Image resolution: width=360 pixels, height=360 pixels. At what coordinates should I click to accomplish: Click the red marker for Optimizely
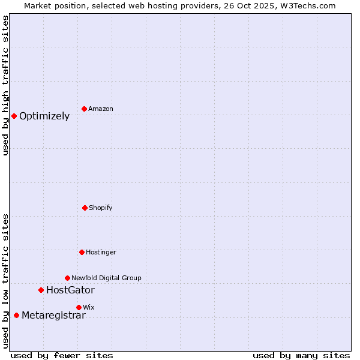(x=14, y=116)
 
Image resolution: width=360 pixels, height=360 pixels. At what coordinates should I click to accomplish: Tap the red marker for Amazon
(x=84, y=109)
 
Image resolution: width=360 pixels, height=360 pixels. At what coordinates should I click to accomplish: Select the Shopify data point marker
(x=85, y=208)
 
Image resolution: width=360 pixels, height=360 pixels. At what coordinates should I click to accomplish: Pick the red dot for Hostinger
(x=82, y=252)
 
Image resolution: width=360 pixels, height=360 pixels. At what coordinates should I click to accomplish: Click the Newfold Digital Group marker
(x=67, y=278)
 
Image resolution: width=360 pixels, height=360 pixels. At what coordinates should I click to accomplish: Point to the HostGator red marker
(x=41, y=290)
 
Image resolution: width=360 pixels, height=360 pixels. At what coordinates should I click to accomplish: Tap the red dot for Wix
(x=79, y=307)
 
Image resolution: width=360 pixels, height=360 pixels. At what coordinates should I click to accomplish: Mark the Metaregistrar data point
(x=16, y=315)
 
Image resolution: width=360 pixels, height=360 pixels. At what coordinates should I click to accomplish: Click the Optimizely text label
(x=44, y=116)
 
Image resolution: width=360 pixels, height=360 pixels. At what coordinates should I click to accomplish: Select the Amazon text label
(x=101, y=109)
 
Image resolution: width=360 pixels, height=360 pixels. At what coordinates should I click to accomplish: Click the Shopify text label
(x=101, y=208)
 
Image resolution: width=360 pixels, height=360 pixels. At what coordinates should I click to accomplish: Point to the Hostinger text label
(x=101, y=253)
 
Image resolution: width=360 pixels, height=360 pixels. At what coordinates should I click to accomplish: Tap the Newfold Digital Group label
(x=106, y=278)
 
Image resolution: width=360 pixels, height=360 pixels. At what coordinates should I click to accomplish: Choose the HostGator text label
(x=70, y=290)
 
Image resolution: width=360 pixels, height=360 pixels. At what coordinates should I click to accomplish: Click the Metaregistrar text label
(x=53, y=316)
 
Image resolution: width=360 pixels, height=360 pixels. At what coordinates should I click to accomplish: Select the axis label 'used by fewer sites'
(x=62, y=355)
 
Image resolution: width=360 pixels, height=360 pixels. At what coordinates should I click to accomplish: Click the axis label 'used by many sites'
(x=301, y=355)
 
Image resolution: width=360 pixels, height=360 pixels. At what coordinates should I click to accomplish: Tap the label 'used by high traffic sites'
(x=5, y=85)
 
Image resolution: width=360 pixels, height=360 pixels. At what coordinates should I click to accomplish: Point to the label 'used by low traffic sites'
(x=5, y=281)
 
